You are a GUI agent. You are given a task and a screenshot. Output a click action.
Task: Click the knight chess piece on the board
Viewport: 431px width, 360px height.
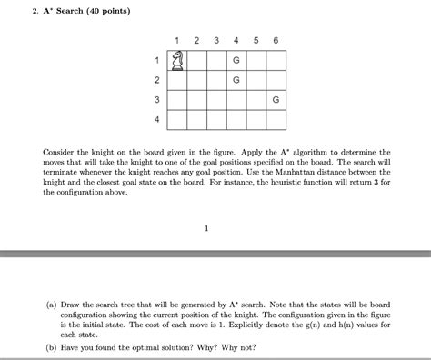tap(178, 60)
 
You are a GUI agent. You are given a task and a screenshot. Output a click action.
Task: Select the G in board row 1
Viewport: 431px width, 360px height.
tap(236, 60)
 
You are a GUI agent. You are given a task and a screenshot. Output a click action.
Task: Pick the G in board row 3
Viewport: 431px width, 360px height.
tap(276, 99)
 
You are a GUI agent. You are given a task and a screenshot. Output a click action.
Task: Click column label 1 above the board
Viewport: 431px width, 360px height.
tap(178, 40)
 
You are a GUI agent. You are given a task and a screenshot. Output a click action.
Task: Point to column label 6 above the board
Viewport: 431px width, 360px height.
tap(276, 40)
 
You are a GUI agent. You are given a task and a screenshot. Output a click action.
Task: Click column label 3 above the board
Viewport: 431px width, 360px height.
tap(216, 40)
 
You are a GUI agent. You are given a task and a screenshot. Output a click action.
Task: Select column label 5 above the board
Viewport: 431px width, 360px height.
tap(256, 40)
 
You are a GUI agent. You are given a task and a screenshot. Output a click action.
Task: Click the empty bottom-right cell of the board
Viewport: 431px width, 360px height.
tap(276, 119)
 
